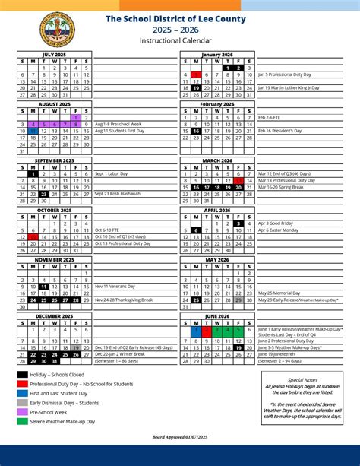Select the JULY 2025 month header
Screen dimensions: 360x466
point(54,55)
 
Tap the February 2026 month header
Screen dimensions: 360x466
point(218,103)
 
